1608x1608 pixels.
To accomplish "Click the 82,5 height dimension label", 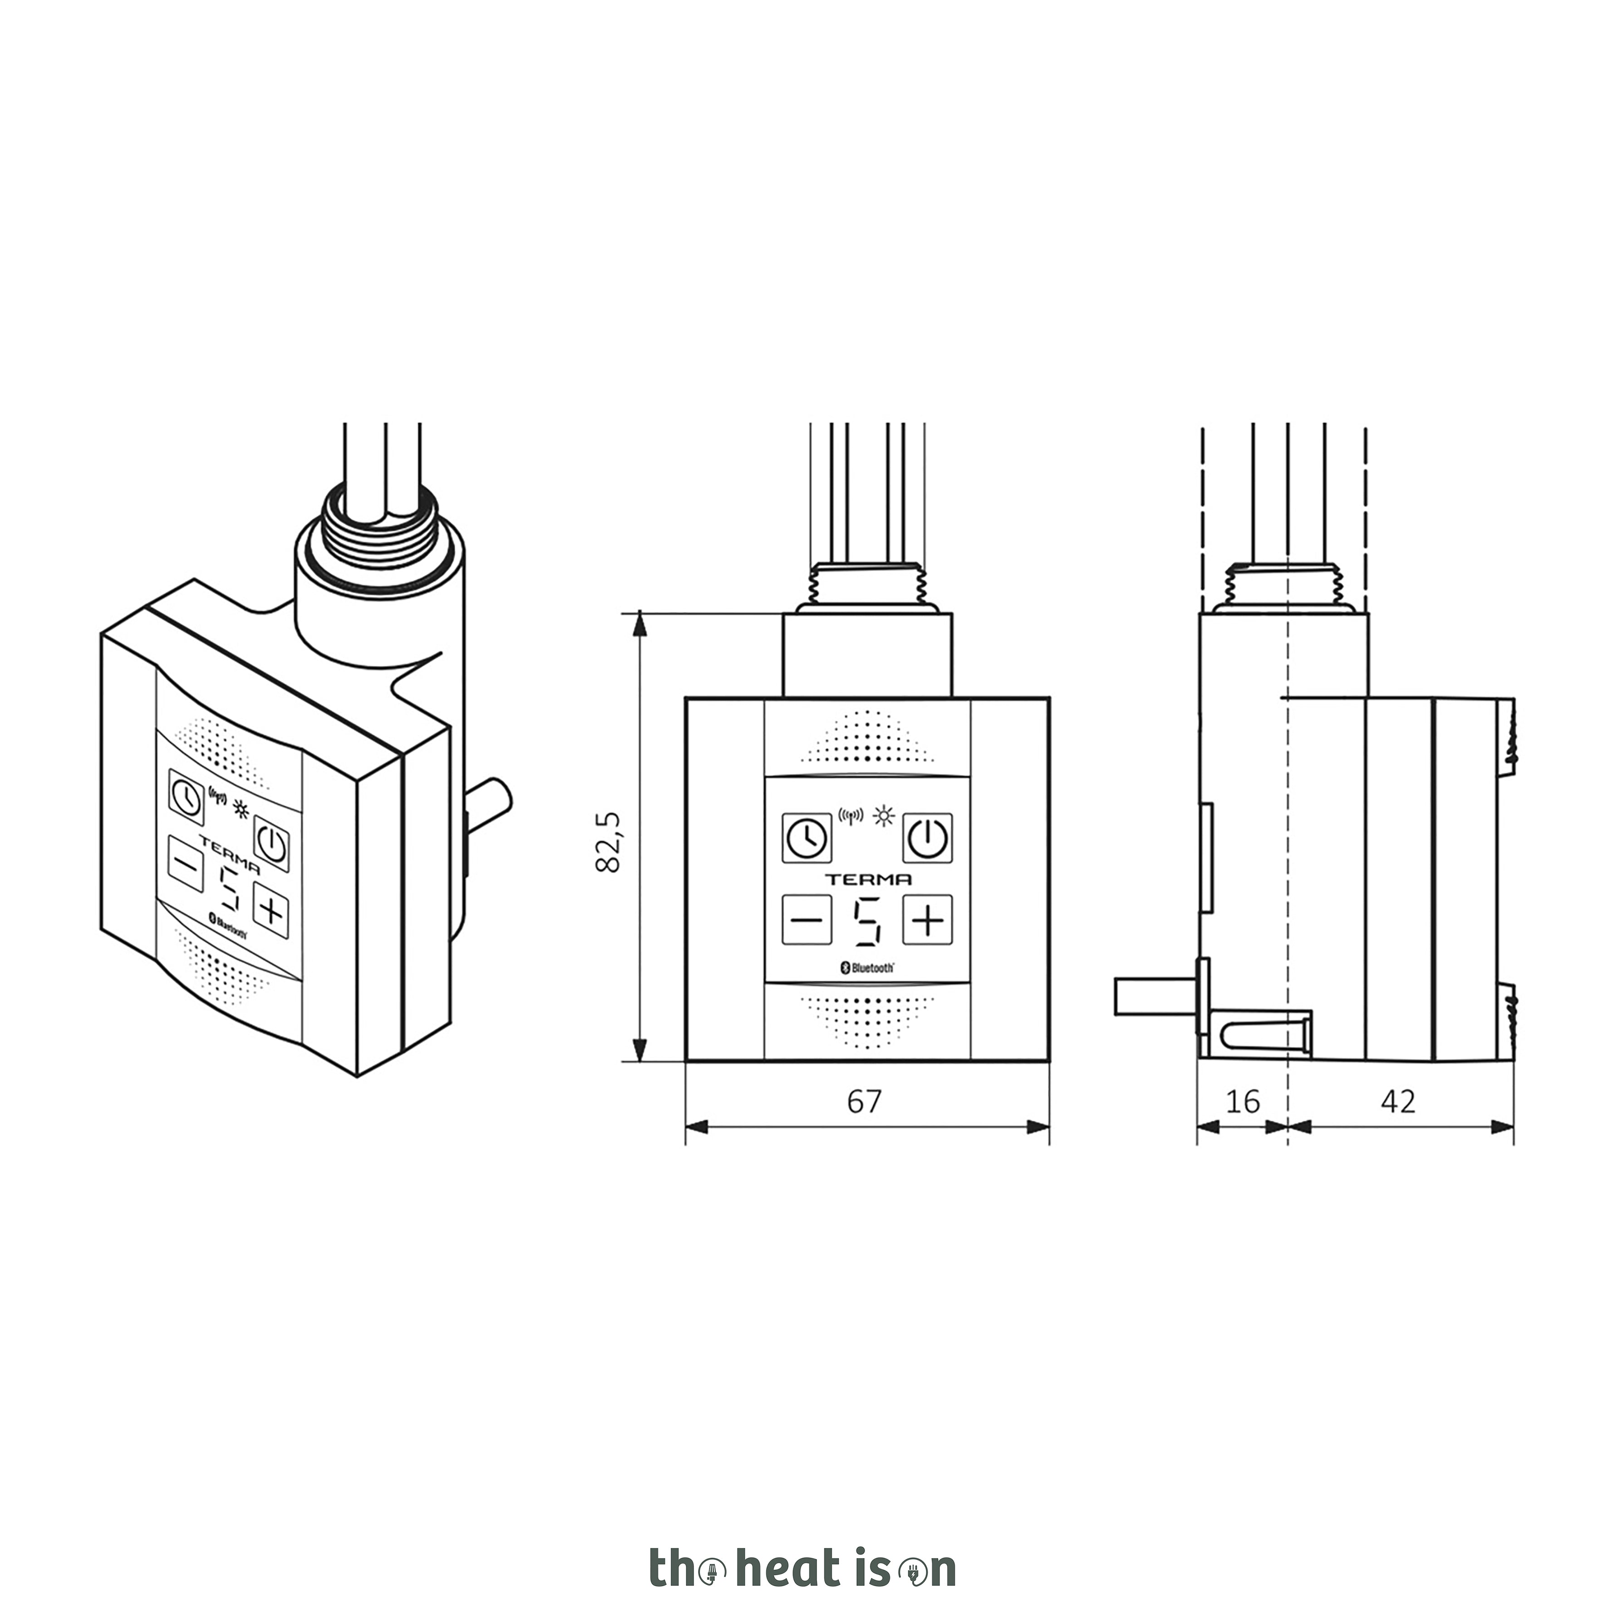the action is click(x=609, y=841).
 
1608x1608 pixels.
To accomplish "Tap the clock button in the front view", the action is click(x=806, y=837).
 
